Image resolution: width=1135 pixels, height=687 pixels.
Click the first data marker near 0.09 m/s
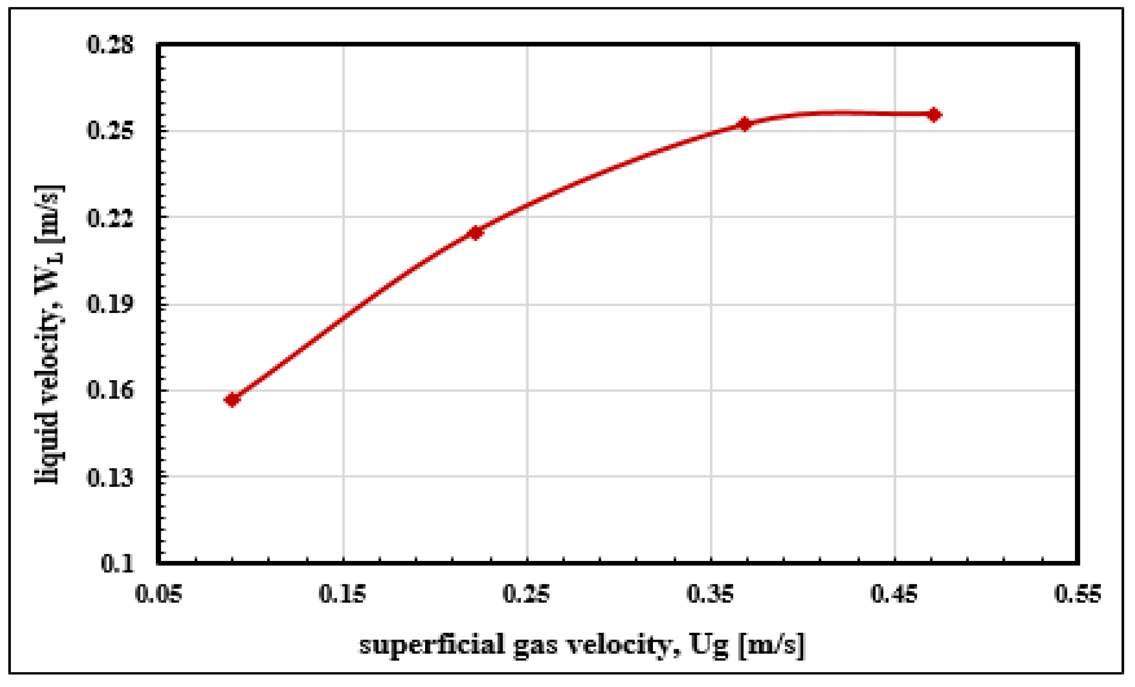232,399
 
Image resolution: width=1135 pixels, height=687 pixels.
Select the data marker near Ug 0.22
475,233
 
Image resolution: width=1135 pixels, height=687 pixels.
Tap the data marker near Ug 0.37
745,124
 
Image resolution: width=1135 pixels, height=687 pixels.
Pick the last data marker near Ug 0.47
934,115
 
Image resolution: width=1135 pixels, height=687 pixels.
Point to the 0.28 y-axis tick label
110,45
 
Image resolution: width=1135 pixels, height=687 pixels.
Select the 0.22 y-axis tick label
110,218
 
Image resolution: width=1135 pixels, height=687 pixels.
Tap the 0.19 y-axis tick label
110,304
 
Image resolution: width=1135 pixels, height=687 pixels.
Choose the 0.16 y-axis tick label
110,390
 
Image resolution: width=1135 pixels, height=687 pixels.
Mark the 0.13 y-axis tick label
110,477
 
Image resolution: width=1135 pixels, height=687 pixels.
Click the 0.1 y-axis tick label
117,564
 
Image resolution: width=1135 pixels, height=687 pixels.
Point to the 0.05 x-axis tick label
158,594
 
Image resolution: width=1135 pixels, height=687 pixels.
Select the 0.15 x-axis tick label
342,594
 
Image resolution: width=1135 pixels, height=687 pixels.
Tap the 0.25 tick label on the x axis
526,594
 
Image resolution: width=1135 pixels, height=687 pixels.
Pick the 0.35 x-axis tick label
710,594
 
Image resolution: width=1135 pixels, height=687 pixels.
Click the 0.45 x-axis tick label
894,594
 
